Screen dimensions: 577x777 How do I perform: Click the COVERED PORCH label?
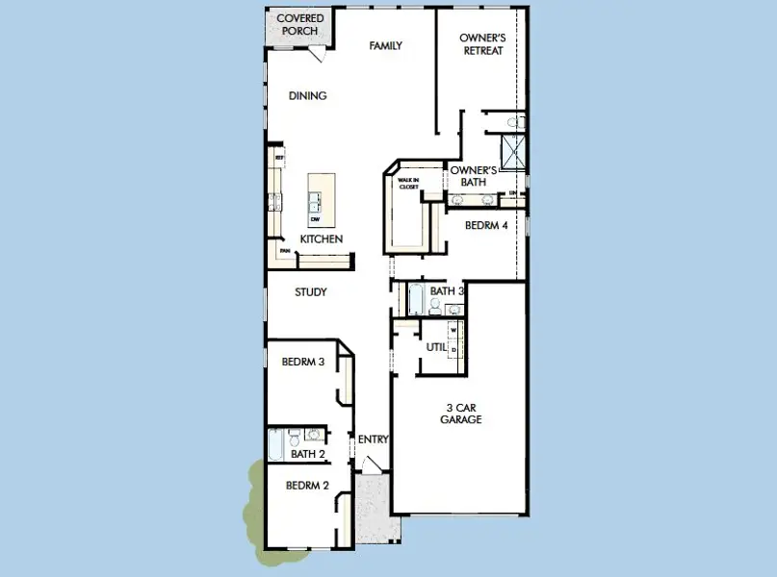point(299,25)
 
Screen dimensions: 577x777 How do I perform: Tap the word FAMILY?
point(386,45)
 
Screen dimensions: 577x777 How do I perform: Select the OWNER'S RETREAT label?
point(481,44)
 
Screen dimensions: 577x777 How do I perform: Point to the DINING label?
point(308,95)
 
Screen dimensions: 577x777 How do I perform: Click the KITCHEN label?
point(322,239)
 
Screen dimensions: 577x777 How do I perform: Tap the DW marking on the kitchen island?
point(315,219)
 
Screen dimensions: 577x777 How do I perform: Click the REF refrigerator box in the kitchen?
point(279,157)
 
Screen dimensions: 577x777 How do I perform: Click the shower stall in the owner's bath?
point(514,151)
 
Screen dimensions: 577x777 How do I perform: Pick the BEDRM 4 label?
point(485,226)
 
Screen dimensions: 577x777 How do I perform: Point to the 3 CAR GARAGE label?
point(461,414)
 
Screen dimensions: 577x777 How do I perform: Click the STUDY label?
point(311,292)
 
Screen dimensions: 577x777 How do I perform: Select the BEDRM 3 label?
point(301,363)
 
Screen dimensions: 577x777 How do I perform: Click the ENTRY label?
point(373,439)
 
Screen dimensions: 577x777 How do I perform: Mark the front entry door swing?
point(372,465)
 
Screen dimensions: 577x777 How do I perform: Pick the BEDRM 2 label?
point(307,486)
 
